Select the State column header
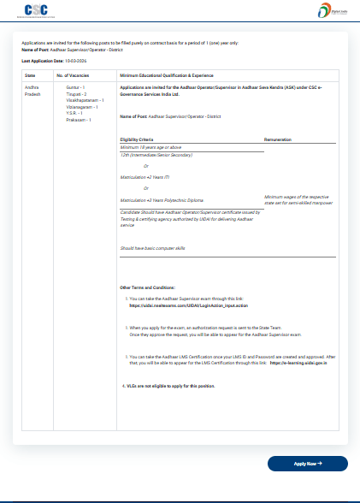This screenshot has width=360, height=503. point(31,76)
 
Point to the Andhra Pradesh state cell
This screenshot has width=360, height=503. point(32,91)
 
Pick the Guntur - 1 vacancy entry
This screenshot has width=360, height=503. point(75,87)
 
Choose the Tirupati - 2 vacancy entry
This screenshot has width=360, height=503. point(77,93)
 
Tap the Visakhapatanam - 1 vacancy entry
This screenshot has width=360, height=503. point(85,99)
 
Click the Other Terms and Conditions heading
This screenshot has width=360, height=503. point(147,287)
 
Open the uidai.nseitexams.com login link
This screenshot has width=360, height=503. point(176,305)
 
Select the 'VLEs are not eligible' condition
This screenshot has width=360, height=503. point(171,386)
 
